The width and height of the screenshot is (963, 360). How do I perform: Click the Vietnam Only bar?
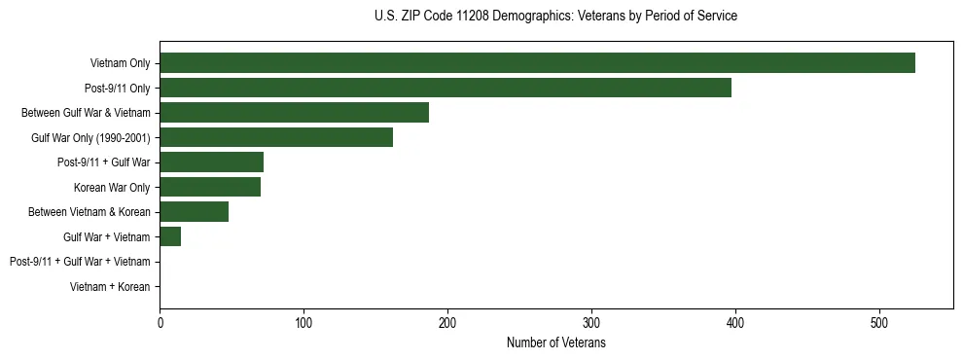537,63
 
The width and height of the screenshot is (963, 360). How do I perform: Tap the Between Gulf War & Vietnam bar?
294,113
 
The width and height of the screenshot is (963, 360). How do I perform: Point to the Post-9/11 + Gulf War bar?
211,162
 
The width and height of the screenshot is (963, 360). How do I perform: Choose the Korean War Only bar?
210,187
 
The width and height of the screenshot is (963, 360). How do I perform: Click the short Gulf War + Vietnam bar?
170,236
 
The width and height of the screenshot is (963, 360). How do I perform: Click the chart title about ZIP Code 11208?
555,17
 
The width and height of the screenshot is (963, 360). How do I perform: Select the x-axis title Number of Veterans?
555,342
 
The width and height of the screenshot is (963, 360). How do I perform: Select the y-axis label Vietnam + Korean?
110,287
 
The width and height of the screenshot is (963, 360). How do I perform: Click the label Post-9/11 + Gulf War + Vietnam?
80,262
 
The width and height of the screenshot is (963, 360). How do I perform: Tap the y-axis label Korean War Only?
112,187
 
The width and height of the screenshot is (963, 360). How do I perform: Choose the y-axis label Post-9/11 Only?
118,89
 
